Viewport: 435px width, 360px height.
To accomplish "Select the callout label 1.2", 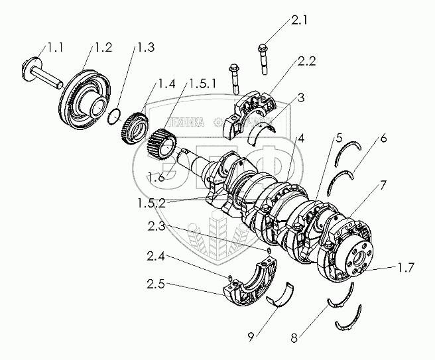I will point(103,47).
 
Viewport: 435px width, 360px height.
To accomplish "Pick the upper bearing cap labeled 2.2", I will point(251,110).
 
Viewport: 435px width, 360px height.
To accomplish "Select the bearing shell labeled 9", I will point(281,296).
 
